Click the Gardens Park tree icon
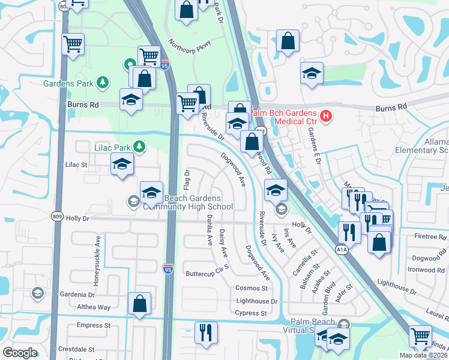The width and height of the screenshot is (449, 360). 103,82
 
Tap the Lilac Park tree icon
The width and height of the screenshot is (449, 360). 140,146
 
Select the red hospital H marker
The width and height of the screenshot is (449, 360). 326,115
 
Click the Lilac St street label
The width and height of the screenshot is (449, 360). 76,164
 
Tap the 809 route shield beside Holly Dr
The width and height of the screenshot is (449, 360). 56,218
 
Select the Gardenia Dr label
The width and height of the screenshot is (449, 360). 76,295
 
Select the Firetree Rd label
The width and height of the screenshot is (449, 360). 430,236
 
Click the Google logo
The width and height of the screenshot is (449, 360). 20,353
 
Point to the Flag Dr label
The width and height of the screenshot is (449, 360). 187,176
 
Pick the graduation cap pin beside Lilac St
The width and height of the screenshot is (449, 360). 122,164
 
